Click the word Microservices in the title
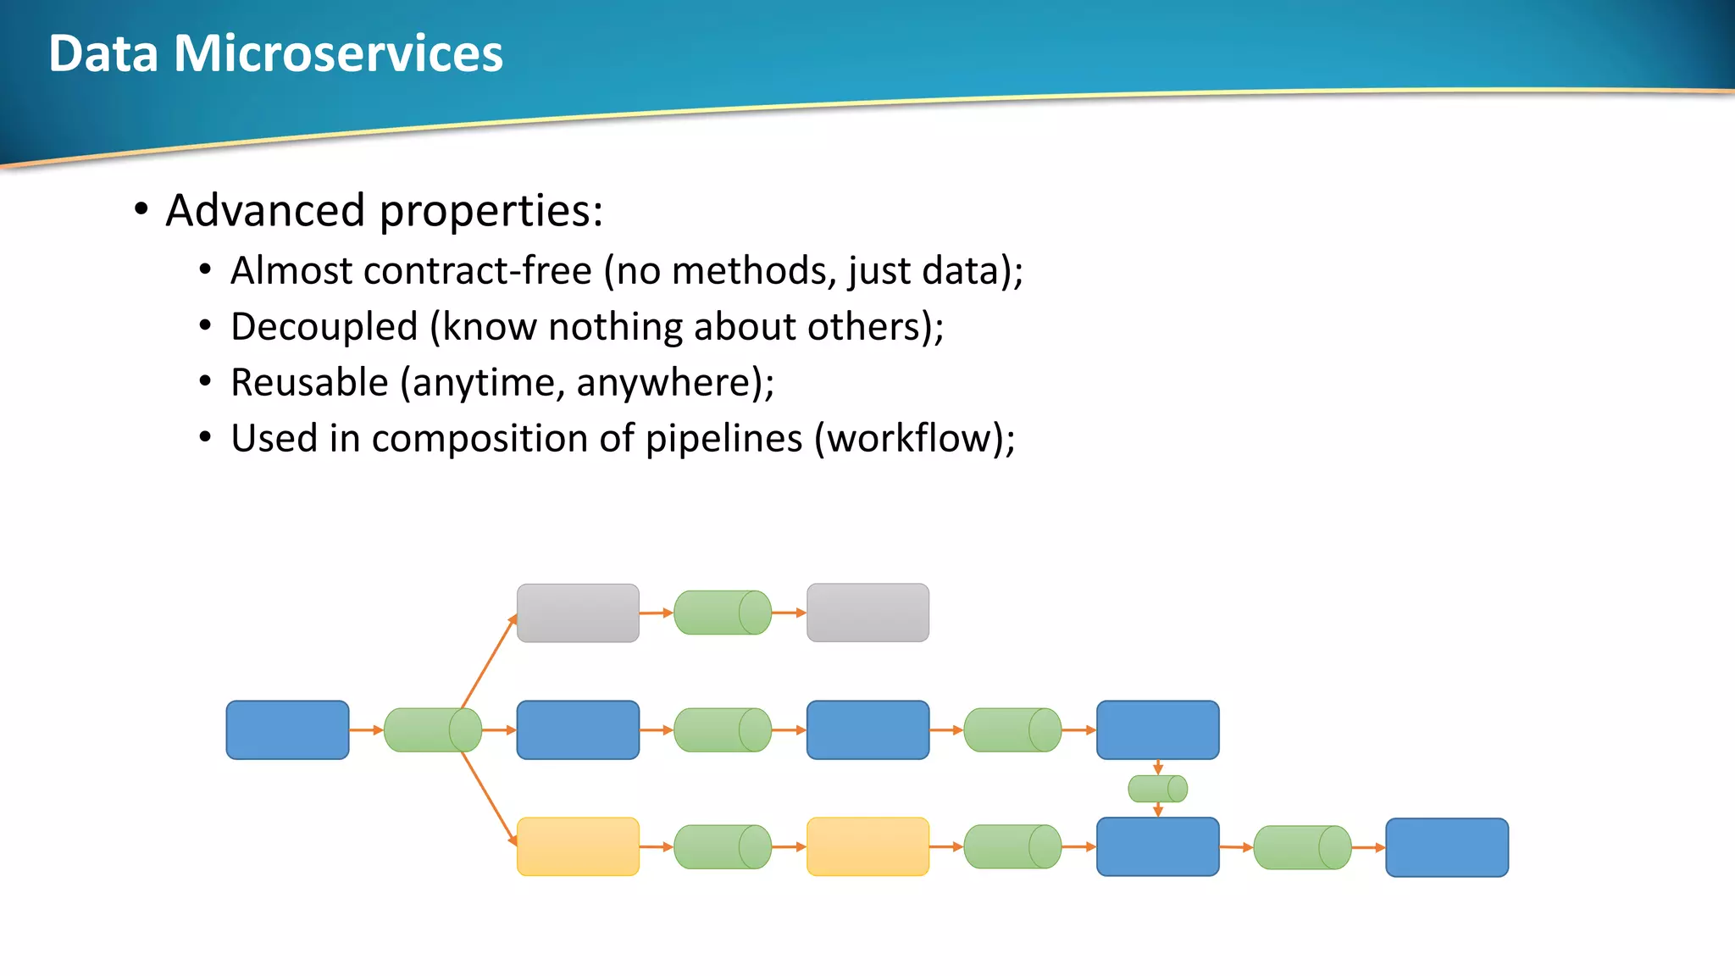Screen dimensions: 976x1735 338,54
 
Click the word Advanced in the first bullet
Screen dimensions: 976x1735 265,211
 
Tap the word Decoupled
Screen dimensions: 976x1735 324,327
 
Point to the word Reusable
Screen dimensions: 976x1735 309,383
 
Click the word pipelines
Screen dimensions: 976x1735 723,439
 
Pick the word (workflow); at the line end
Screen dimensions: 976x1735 914,439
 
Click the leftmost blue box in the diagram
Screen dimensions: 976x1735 287,729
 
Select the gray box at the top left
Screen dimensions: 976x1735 578,613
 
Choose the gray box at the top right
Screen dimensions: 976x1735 867,613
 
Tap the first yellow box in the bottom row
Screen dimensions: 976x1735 578,846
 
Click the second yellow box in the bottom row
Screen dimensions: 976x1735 867,846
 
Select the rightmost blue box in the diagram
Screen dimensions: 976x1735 1447,847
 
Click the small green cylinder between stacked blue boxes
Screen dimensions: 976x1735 1157,789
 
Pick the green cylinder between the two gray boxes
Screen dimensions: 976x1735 723,613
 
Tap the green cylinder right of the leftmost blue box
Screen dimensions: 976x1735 432,729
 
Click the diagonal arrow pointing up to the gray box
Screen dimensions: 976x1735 489,662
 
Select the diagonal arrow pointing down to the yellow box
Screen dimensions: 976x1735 489,797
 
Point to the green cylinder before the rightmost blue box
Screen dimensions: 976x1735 1302,847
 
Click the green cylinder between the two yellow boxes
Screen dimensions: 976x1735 723,846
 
